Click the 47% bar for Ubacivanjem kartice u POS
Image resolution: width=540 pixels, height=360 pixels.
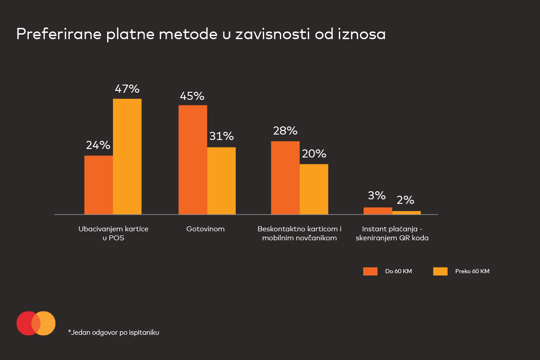(127, 156)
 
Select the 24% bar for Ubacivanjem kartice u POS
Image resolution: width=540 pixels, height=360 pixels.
(99, 185)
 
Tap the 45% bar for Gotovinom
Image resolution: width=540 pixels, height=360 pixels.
(193, 160)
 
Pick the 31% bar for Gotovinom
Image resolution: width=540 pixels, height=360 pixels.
(221, 180)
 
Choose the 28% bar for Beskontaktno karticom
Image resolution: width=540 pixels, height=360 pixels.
(285, 178)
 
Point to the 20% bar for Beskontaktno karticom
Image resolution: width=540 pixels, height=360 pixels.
(314, 189)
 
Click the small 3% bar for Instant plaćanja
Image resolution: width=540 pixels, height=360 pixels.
(378, 211)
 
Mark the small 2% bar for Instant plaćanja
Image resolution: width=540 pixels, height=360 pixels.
(406, 212)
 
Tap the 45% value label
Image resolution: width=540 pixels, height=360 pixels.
(192, 96)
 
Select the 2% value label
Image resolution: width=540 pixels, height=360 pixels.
(405, 200)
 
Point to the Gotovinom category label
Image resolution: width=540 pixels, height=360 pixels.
(205, 229)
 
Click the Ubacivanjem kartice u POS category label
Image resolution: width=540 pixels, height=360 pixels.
(113, 234)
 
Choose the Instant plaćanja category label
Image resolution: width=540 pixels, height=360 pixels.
(392, 234)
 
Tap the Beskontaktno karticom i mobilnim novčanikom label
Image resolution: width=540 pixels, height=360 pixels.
(300, 234)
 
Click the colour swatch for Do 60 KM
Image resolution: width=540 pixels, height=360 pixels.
(370, 271)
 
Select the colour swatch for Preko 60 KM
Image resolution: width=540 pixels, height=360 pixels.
(440, 271)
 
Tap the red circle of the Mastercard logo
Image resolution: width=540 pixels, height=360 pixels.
(26, 323)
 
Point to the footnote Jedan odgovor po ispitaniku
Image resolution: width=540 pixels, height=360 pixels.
(114, 333)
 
